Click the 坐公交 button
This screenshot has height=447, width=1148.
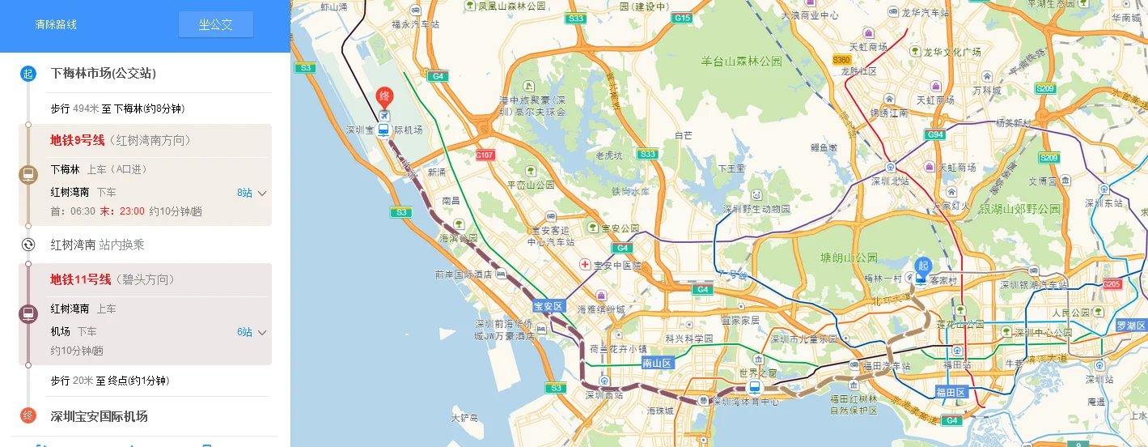tap(215, 24)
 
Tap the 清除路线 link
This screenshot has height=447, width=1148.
tap(56, 24)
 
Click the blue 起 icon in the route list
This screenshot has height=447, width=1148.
tap(28, 74)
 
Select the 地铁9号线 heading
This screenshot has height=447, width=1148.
tap(78, 140)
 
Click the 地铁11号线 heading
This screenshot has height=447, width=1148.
tap(81, 279)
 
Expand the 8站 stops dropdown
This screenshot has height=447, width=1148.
tap(252, 193)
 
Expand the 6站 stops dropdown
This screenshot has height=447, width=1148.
tap(252, 332)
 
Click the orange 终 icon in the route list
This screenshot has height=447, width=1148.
tap(28, 416)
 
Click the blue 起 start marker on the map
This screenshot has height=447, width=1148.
tap(922, 266)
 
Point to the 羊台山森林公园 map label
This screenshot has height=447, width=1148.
tap(741, 61)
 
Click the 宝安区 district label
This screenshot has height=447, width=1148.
tap(549, 307)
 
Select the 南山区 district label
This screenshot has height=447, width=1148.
tap(657, 364)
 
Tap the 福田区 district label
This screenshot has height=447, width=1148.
tap(951, 392)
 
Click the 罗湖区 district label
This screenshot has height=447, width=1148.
tap(1131, 326)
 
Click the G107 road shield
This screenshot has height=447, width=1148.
tap(485, 155)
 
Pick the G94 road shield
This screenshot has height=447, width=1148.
tap(936, 134)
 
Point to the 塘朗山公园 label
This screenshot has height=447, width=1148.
tap(848, 258)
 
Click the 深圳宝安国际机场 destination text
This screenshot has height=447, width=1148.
tap(99, 416)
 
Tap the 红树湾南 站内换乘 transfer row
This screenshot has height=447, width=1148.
tap(97, 245)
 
